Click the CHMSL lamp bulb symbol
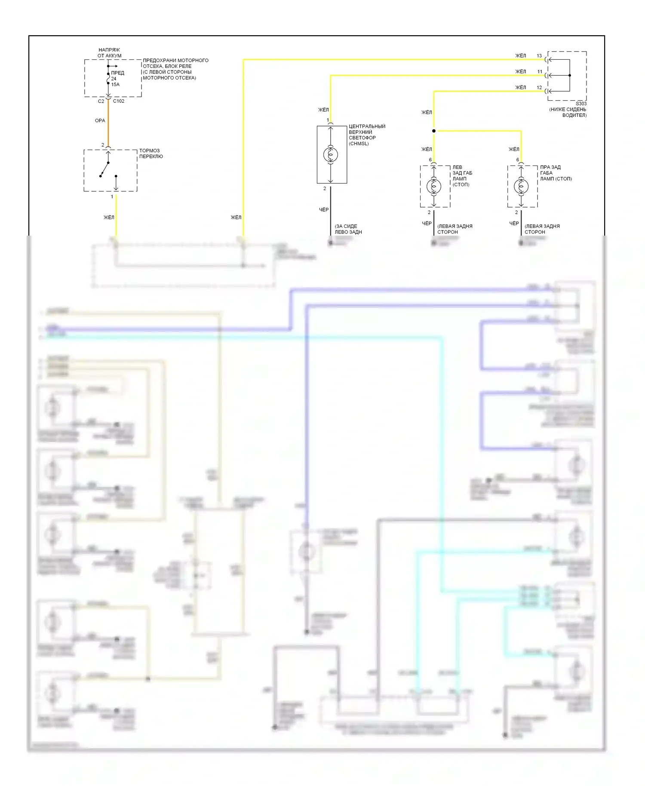tap(331, 154)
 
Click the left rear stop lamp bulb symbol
tap(433, 186)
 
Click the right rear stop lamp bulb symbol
tap(521, 186)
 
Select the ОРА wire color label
tap(100, 121)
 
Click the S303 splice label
tap(581, 104)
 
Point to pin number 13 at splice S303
tap(539, 56)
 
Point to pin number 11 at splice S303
tap(540, 72)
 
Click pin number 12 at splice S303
tap(539, 88)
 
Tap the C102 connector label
tap(119, 101)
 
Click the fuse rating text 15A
tap(115, 85)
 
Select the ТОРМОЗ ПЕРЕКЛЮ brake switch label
tap(151, 154)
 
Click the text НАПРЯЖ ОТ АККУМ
tap(109, 53)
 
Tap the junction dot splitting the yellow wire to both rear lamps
tap(433, 131)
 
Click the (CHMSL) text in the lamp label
tap(359, 144)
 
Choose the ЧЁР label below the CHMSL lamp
tap(324, 210)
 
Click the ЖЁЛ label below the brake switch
tap(109, 218)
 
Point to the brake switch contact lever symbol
tap(104, 169)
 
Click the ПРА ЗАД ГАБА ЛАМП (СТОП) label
tap(556, 173)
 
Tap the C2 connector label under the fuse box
tap(101, 101)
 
